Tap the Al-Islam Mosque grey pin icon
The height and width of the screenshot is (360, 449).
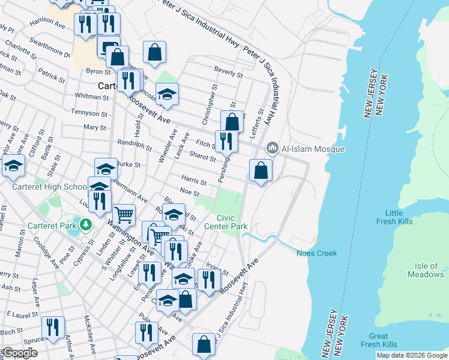coord(273,148)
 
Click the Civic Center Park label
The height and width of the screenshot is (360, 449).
coord(226,222)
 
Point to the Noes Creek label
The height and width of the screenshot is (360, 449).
coord(317,253)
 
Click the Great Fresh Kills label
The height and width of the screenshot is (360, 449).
coord(379,340)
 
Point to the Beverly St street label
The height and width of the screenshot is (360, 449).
coord(229,75)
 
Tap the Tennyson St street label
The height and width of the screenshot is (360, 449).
coord(88,112)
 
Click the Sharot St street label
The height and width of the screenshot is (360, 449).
coord(202,157)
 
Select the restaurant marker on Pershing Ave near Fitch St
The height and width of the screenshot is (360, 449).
coord(226,141)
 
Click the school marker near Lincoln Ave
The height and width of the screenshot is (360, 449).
coord(167,94)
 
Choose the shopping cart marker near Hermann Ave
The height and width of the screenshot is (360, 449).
coord(124,214)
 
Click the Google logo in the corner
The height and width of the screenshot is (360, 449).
coord(20,353)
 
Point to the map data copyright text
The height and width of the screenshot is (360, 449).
coord(412,355)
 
